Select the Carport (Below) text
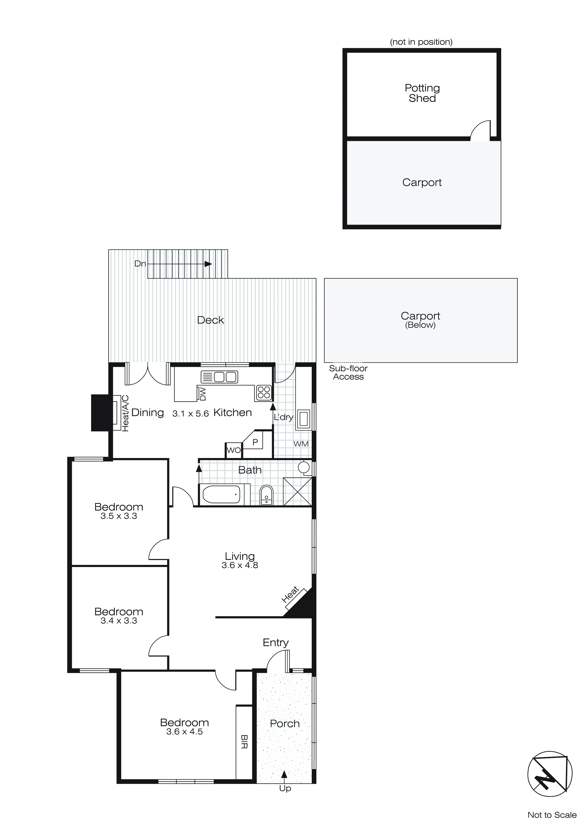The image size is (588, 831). pos(420,320)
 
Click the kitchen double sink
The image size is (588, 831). pos(219,377)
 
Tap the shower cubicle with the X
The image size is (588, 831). pos(297,491)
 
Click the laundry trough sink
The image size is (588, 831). pos(303,419)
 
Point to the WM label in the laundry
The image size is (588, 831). pos(301,444)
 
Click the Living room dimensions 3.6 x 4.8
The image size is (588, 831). pos(240,565)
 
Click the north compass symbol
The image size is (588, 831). pos(550,773)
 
